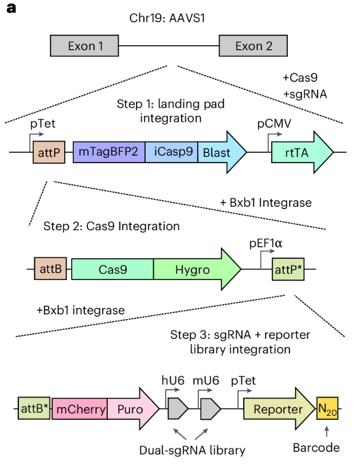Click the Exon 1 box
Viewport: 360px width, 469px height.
[x=85, y=46]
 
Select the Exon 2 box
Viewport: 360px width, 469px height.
[x=253, y=46]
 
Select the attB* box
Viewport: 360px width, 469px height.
[x=33, y=409]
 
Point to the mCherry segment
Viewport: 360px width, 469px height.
[x=79, y=409]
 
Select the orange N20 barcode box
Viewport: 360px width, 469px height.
[x=327, y=409]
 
